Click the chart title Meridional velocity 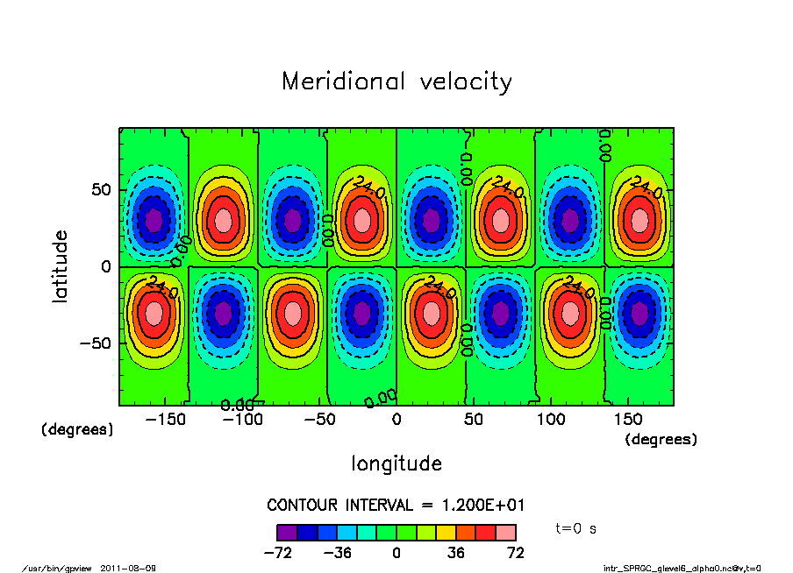click(x=396, y=82)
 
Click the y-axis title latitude click(x=61, y=266)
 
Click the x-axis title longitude click(x=396, y=463)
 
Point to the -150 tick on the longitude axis click(x=164, y=420)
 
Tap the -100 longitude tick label click(x=241, y=420)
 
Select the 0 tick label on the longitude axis click(x=396, y=420)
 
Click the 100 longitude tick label click(x=551, y=420)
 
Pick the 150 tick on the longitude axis click(x=628, y=420)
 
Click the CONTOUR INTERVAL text click(x=396, y=506)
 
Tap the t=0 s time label click(x=576, y=529)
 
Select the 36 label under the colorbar click(x=456, y=553)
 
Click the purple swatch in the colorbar click(x=286, y=532)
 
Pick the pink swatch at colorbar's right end click(x=505, y=532)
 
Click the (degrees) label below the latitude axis click(x=77, y=430)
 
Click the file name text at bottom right click(x=682, y=568)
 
